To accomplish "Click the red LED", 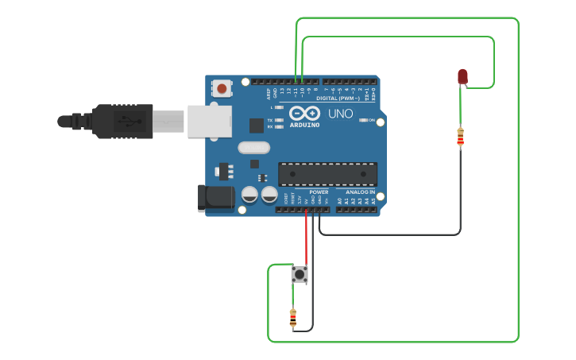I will tap(462, 76).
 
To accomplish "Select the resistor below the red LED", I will tap(460, 137).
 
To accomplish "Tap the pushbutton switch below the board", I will tap(300, 274).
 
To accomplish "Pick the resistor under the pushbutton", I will tap(293, 318).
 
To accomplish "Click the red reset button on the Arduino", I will tap(222, 88).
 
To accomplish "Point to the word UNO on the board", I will tap(340, 114).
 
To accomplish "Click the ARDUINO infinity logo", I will tap(304, 114).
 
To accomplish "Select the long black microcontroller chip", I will tap(327, 174).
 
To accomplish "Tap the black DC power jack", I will tap(215, 198).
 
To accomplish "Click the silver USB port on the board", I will tap(210, 122).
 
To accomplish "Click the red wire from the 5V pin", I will tap(306, 238).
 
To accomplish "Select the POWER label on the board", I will tap(319, 192).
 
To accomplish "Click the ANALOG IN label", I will tap(360, 192).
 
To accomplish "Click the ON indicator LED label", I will tap(371, 120).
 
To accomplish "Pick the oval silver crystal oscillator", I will tap(253, 147).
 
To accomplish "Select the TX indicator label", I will tap(270, 119).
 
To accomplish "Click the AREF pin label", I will tap(268, 92).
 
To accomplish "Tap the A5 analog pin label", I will tap(372, 201).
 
